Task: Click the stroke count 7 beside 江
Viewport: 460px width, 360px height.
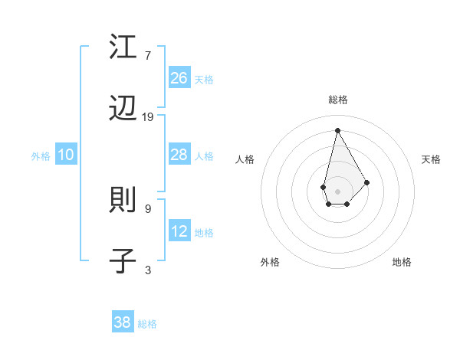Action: [148, 56]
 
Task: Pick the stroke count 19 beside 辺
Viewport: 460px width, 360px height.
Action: [148, 117]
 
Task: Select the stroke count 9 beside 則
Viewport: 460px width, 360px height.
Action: [148, 208]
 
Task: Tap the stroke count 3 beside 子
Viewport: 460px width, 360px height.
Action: [148, 270]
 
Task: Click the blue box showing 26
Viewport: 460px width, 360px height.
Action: [179, 77]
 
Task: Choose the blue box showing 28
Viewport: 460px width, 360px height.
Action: [179, 155]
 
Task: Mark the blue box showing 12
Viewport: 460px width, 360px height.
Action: [179, 231]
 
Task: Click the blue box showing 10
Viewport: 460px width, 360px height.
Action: [66, 155]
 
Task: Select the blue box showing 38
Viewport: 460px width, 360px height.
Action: [123, 322]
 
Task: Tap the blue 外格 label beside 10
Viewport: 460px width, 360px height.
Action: [41, 156]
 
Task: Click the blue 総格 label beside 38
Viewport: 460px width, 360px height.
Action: [147, 324]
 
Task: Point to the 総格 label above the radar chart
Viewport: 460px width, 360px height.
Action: [337, 100]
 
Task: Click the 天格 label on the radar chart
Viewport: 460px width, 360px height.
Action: [431, 159]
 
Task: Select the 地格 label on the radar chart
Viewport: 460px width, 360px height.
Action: [402, 262]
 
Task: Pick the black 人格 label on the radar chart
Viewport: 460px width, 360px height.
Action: [245, 159]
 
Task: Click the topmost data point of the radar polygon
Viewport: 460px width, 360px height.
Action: [337, 130]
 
